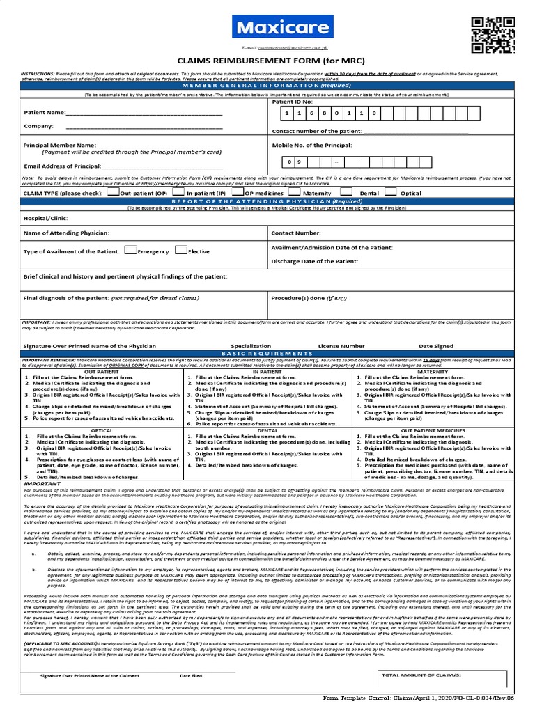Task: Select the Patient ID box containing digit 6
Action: click(x=313, y=113)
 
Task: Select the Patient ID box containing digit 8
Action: click(x=329, y=113)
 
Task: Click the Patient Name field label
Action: click(x=44, y=112)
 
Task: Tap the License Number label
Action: click(x=341, y=345)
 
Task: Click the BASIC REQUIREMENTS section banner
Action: click(x=267, y=354)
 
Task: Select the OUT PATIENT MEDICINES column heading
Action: click(x=433, y=431)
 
